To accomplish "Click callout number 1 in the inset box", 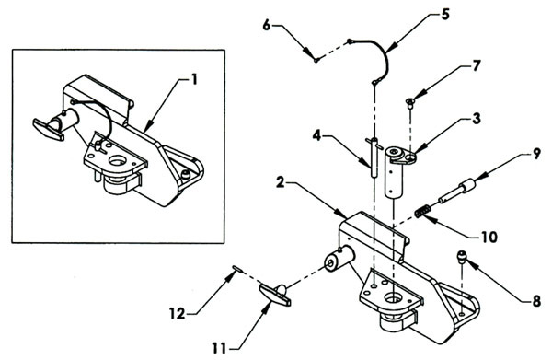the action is [x=193, y=79].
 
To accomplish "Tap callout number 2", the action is [x=281, y=182].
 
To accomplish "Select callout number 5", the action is [x=445, y=15].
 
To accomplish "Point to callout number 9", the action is [x=535, y=154].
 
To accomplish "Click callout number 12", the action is [x=177, y=313].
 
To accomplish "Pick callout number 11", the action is [x=219, y=348].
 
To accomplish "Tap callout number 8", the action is [x=536, y=301].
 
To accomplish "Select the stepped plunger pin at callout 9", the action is [x=457, y=191].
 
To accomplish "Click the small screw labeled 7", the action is [x=409, y=102].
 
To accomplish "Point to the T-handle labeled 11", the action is [x=275, y=295].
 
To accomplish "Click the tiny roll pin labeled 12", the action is [x=237, y=269].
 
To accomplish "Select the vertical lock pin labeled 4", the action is [x=374, y=157].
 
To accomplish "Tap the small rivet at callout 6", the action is [x=316, y=60].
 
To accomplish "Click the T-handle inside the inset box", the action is [x=49, y=129].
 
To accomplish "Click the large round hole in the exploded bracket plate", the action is [x=393, y=298].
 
